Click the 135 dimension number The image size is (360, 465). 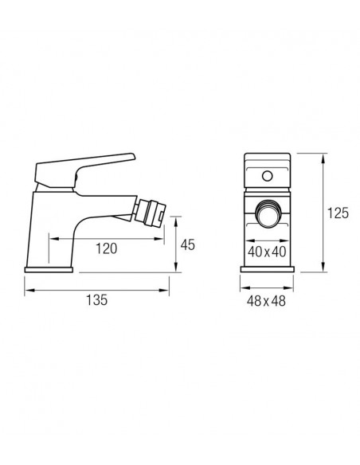96,300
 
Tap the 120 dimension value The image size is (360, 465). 106,248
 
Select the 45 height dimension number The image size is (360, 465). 188,245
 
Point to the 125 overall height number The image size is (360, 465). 338,213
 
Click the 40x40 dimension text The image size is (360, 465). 267,252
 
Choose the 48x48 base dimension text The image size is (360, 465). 266,301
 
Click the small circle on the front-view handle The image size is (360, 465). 267,176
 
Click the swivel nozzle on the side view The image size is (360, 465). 149,212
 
